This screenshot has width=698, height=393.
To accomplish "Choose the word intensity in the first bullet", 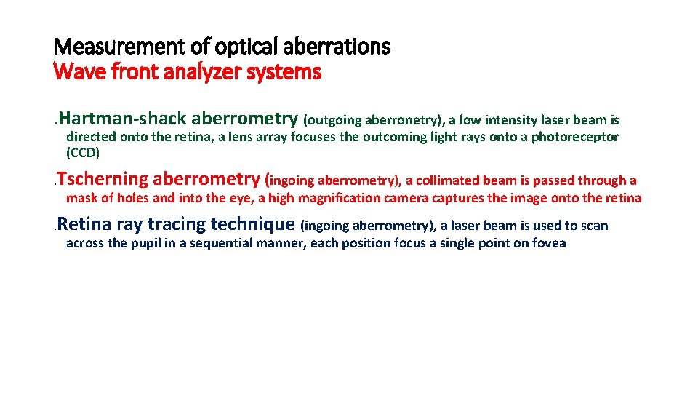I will coord(497,120).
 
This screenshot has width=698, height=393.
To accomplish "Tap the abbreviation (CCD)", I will coord(82,153).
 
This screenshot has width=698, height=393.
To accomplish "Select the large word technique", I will coord(252,225).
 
